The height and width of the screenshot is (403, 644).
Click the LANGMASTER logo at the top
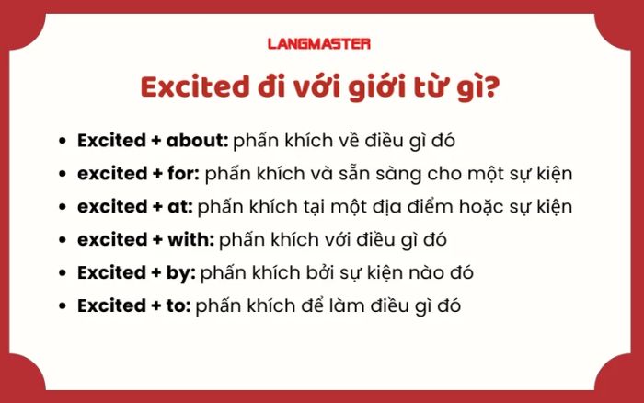click(x=319, y=43)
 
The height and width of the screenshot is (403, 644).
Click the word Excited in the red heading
click(x=195, y=87)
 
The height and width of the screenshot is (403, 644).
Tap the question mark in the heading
click(x=490, y=87)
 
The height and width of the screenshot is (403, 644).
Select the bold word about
click(x=197, y=140)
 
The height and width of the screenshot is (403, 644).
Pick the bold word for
click(x=183, y=173)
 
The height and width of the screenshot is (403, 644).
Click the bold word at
click(x=180, y=207)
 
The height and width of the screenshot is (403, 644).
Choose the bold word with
click(x=190, y=239)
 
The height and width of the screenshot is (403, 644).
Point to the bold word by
click(x=180, y=273)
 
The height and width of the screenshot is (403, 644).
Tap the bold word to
click(x=178, y=306)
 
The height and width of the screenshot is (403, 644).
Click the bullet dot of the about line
click(x=63, y=141)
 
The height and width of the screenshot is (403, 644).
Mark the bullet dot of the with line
click(x=63, y=240)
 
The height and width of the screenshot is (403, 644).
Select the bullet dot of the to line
click(x=63, y=306)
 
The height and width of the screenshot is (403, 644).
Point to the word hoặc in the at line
click(x=481, y=207)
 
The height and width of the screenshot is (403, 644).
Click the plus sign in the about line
click(x=156, y=141)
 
